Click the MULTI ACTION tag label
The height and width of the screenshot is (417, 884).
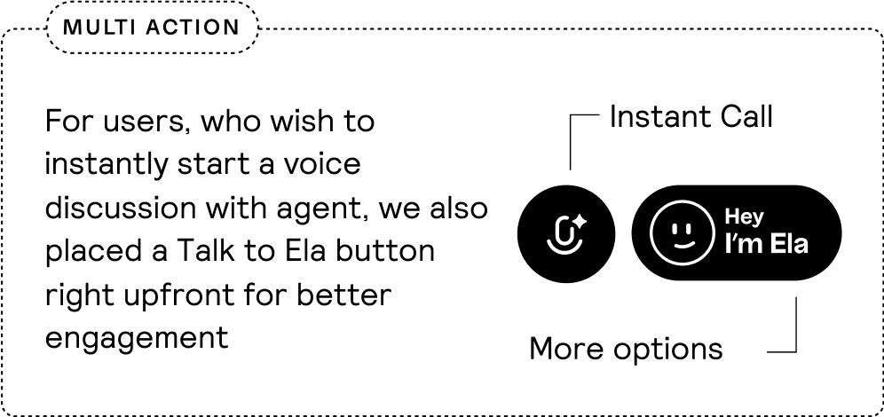(x=152, y=28)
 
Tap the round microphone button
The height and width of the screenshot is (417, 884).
(x=566, y=233)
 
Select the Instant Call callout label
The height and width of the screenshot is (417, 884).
(x=691, y=117)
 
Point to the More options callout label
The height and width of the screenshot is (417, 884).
(x=626, y=349)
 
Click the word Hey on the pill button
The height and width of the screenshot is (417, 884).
(x=744, y=216)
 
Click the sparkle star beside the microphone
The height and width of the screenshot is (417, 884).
(x=579, y=222)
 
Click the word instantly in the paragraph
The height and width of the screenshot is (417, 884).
(x=107, y=165)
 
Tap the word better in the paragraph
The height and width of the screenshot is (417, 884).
(x=343, y=295)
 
